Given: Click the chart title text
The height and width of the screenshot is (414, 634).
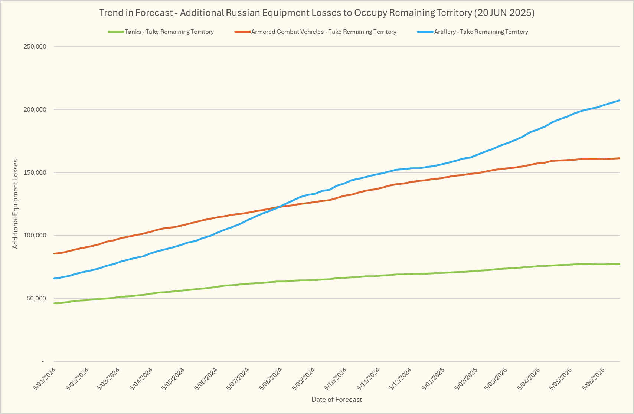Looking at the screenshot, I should (317, 13).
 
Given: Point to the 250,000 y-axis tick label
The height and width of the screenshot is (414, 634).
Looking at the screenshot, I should (34, 47).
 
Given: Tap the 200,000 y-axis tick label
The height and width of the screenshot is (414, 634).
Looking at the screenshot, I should (34, 109).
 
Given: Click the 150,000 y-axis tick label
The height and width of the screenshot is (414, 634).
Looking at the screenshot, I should (34, 172).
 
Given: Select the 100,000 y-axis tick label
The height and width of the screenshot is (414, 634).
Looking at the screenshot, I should (34, 236).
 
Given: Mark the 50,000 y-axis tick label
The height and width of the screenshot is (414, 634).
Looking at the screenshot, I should (36, 298).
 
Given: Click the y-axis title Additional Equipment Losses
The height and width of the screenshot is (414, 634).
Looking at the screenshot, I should (15, 204).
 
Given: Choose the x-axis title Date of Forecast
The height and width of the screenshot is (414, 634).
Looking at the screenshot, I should (337, 400).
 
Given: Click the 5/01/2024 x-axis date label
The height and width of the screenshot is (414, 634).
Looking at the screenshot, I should (45, 379).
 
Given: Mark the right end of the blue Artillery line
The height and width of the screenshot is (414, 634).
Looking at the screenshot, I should (620, 101).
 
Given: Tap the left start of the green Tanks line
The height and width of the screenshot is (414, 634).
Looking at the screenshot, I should (55, 303).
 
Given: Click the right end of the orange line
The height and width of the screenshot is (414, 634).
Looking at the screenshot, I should (620, 158).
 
